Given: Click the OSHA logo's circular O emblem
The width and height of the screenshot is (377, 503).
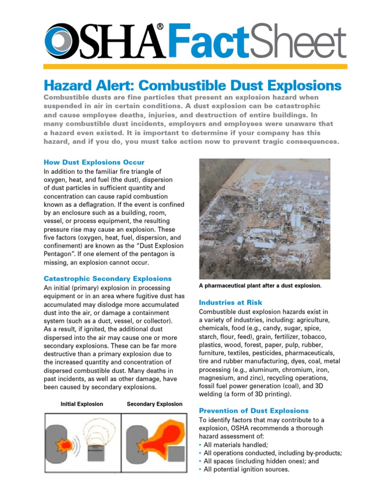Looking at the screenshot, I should pos(58,41).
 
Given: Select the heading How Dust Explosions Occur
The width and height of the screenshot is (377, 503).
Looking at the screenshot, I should pos(94,162).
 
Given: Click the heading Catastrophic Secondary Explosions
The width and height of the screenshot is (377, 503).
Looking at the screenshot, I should pos(108,279).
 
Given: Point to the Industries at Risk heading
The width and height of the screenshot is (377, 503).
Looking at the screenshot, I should pos(230,303).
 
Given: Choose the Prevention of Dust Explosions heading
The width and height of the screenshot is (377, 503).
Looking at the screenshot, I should pos(253,411).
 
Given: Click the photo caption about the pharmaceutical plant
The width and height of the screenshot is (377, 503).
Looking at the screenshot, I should pos(260,285).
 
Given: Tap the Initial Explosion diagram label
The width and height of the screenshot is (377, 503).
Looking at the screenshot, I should pos(81,404).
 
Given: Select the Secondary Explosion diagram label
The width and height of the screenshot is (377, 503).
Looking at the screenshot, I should pos(154,404).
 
